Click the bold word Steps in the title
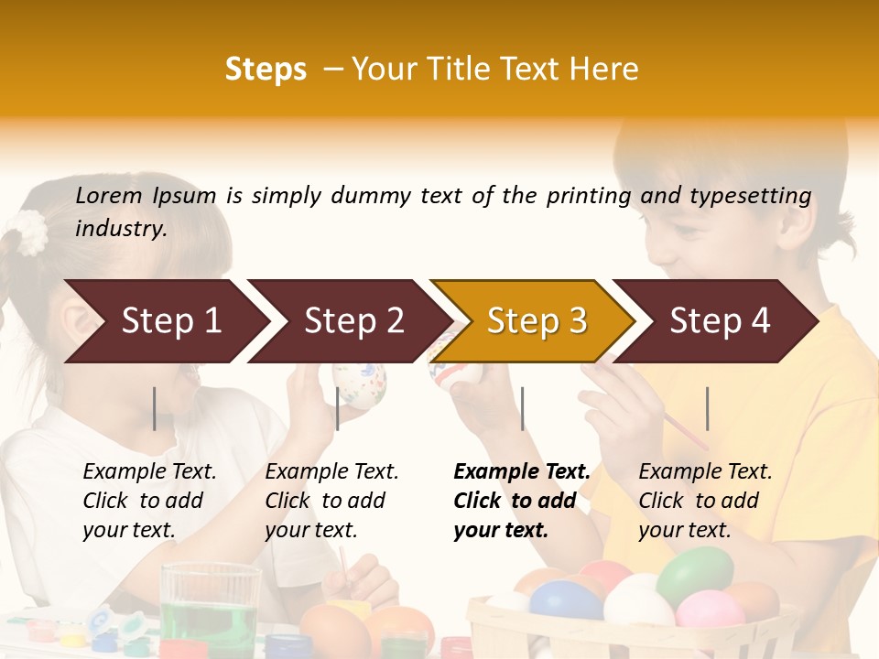coord(266,70)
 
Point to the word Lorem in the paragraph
coord(109,195)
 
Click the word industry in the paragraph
coord(120,229)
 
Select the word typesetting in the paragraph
coord(750,195)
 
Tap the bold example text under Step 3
coord(522,501)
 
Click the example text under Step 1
coord(149,501)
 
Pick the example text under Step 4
coord(705,501)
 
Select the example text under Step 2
coord(331,501)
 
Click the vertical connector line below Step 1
coord(155,408)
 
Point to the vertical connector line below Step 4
coord(707,408)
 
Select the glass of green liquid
coord(211,608)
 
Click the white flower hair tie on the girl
coord(32,232)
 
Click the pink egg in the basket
coord(711,609)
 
